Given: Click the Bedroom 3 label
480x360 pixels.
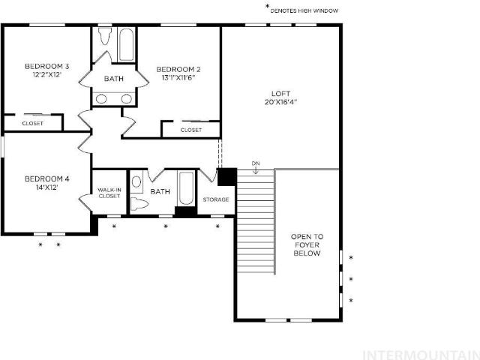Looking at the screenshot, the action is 46,66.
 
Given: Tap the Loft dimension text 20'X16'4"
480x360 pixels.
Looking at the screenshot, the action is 280,102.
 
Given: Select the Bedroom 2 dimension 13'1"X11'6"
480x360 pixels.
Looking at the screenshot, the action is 178,77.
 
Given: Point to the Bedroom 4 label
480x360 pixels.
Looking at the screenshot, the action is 46,178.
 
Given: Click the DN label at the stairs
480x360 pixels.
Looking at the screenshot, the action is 256,163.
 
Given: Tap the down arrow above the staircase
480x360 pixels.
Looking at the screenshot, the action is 256,171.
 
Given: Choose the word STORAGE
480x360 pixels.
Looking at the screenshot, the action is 216,199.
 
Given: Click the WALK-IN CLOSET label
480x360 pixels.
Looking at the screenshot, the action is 109,193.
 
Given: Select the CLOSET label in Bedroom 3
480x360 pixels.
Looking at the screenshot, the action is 33,123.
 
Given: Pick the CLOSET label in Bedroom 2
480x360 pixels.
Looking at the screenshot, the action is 191,130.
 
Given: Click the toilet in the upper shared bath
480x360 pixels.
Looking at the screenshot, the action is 105,36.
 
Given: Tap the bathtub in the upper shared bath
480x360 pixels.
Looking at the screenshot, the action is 126,45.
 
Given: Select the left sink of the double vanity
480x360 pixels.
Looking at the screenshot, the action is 101,99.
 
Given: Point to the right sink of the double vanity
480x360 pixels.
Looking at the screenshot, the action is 126,99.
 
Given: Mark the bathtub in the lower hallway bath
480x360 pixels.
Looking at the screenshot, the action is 186,189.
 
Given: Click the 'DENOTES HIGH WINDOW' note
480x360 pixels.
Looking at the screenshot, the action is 304,10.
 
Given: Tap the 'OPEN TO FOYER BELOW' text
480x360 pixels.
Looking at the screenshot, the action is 307,245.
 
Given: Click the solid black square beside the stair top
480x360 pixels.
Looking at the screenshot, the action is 227,177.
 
